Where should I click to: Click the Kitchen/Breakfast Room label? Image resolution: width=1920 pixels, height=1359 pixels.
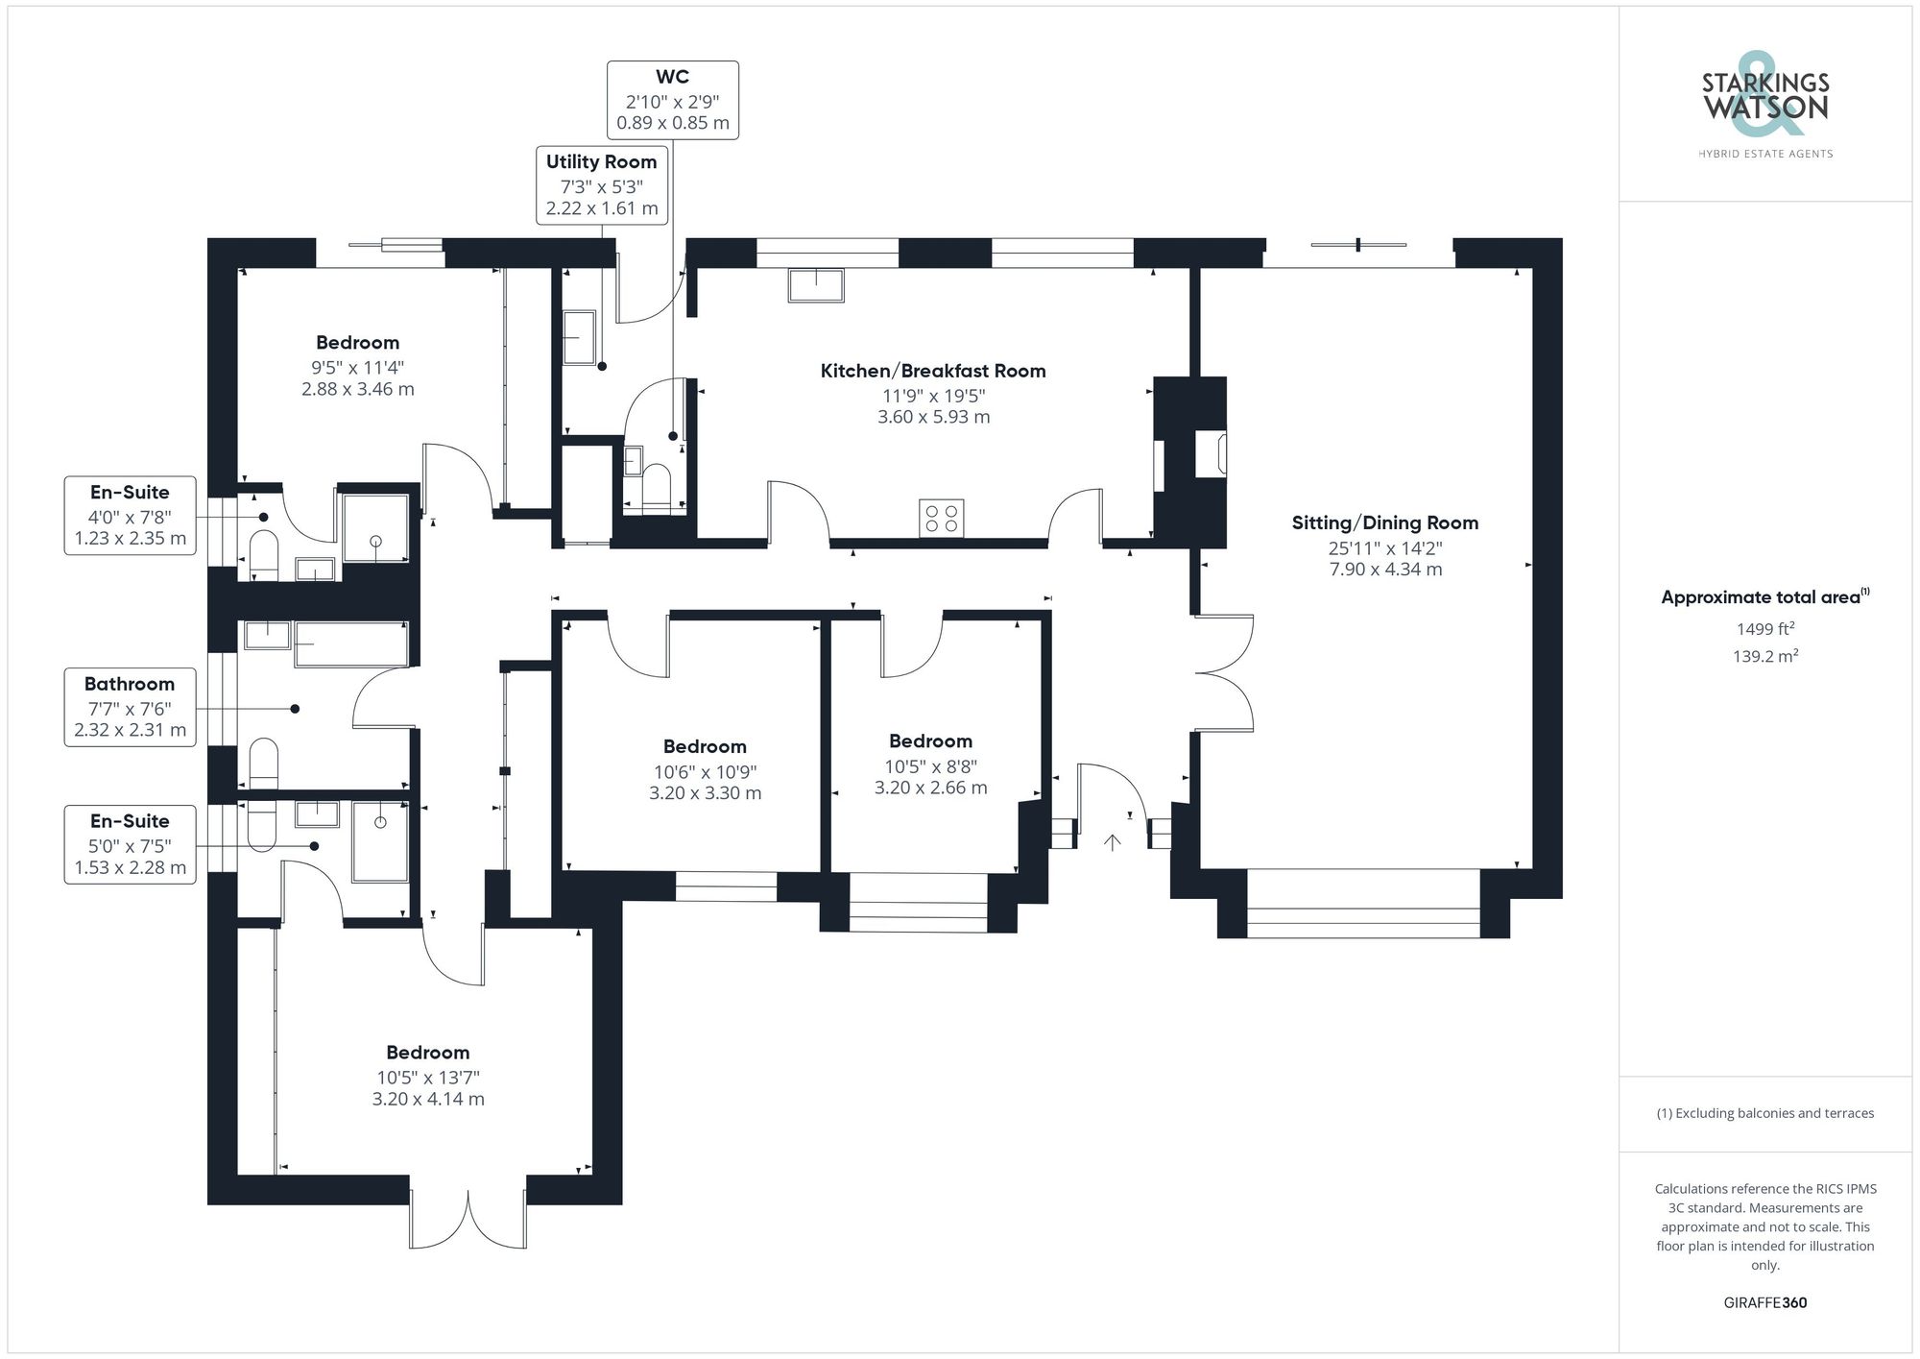click(932, 371)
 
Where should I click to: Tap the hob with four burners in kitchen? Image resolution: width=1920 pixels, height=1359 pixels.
click(941, 519)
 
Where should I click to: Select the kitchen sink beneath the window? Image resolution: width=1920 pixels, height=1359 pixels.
click(816, 286)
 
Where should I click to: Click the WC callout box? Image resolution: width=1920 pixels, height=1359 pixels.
click(672, 100)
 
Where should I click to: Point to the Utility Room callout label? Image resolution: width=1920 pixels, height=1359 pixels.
click(601, 184)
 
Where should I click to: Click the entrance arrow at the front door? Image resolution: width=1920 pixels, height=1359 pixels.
click(1112, 842)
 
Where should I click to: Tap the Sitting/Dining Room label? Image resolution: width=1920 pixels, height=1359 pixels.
click(1384, 523)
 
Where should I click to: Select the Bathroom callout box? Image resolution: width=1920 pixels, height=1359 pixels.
click(130, 707)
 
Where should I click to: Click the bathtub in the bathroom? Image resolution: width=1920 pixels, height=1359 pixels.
click(350, 643)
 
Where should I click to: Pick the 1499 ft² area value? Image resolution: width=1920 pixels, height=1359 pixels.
click(1764, 629)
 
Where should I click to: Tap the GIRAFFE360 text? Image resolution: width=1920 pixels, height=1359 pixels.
click(1764, 1302)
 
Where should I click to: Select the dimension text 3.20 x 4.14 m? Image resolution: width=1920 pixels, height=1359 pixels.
click(428, 1099)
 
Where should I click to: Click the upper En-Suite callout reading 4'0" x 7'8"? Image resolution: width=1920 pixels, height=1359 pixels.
click(130, 516)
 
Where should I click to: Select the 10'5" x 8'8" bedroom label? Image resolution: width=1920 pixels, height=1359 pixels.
click(930, 764)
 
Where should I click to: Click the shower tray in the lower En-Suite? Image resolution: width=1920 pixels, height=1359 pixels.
click(380, 842)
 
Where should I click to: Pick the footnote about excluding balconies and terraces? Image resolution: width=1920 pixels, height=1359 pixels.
click(1764, 1113)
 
